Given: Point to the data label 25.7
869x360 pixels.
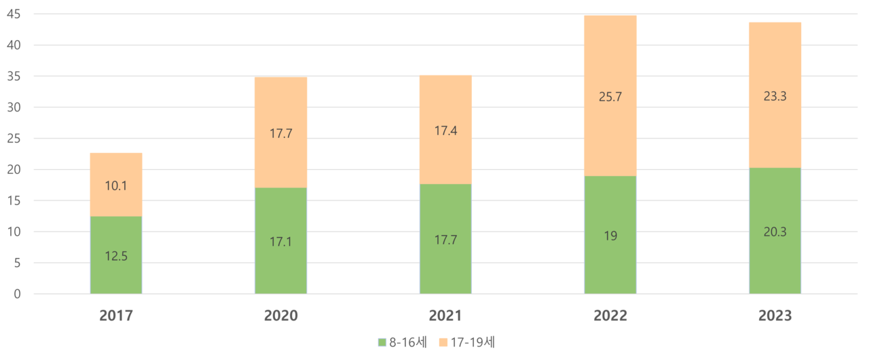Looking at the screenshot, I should pos(610,96).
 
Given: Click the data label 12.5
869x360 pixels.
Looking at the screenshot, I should pos(116,256).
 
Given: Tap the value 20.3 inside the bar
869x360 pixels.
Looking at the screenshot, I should pos(775,232).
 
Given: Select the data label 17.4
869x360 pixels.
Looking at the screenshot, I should pos(445,130).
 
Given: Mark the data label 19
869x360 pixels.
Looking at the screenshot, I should pos(610,236).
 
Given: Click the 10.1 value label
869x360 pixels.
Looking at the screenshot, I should pos(116,185).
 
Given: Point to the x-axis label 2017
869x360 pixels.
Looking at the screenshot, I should pos(116,316).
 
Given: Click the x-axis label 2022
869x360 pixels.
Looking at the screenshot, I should pos(610,316).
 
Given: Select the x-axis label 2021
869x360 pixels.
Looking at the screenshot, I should pos(445,316).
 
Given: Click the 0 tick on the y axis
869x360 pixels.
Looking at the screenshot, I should pos(17,293).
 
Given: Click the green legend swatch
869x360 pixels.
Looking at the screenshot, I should pos(382,342).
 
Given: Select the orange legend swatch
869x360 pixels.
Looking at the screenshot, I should pos(443,342).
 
